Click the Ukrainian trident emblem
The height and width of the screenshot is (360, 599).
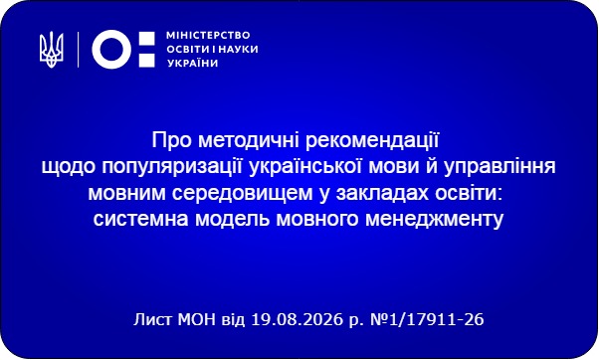52,50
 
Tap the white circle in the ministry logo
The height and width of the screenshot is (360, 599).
111,50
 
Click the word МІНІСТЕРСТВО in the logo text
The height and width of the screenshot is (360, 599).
208,36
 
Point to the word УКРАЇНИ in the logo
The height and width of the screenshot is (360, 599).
193,63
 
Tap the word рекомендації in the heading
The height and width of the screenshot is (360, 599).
372,141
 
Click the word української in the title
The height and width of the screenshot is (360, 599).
304,167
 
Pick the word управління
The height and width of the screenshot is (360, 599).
499,168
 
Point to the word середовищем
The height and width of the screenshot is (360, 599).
242,194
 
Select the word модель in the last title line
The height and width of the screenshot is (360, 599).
233,219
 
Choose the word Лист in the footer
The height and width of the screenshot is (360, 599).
153,319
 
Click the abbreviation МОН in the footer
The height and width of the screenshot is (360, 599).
197,319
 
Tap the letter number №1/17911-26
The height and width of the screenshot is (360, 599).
427,319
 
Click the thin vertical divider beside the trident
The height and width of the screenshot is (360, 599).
79,50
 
